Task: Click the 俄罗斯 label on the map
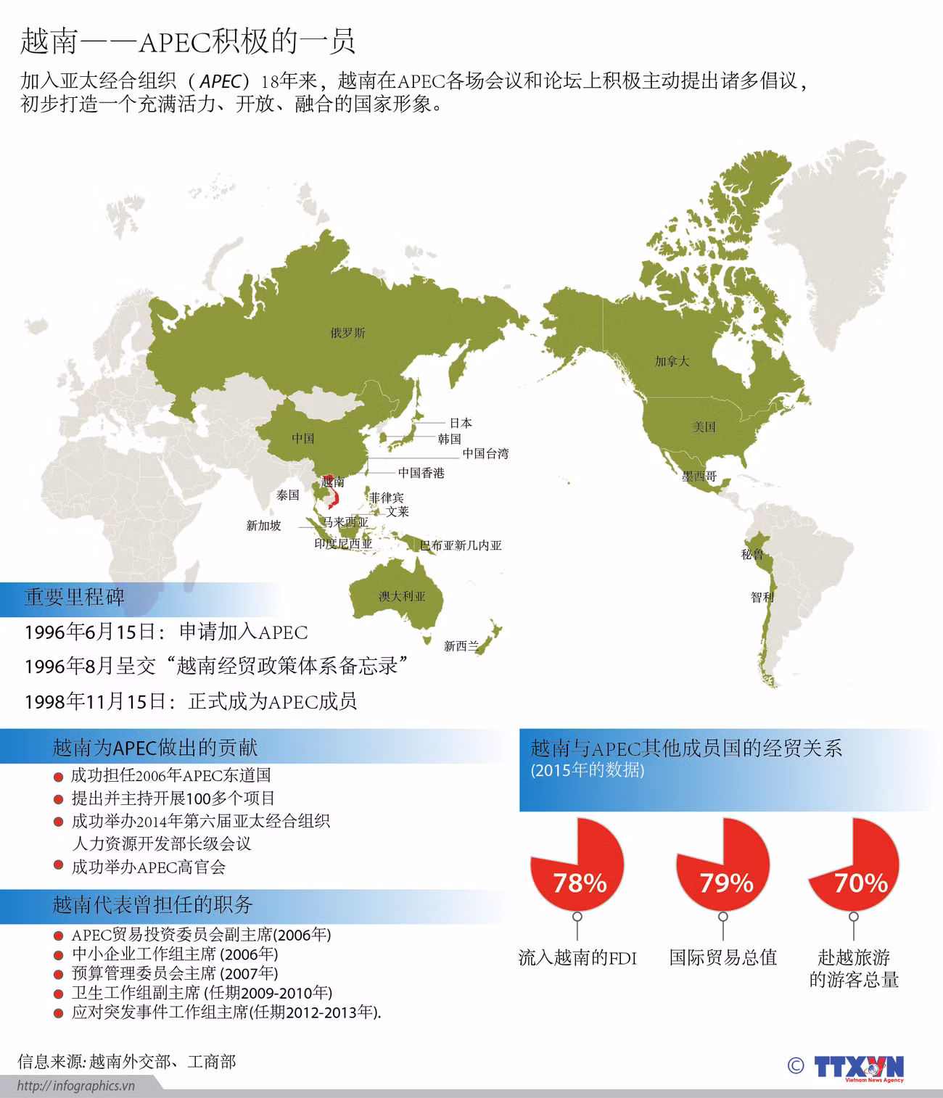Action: (347, 334)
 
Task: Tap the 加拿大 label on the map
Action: (671, 361)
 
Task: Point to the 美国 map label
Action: (704, 427)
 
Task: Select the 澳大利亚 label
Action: (402, 597)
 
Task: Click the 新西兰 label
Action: (461, 646)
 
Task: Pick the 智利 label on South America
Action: (762, 598)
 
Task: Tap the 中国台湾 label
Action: (485, 454)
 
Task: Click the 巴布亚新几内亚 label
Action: (461, 545)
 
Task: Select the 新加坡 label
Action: (263, 526)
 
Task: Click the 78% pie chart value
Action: (579, 883)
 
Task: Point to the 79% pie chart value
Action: (725, 883)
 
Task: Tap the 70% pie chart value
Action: (860, 883)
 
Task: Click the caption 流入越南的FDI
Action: (577, 958)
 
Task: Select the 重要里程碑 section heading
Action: (75, 597)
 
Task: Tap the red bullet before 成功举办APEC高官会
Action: (58, 866)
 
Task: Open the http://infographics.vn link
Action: (76, 1086)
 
